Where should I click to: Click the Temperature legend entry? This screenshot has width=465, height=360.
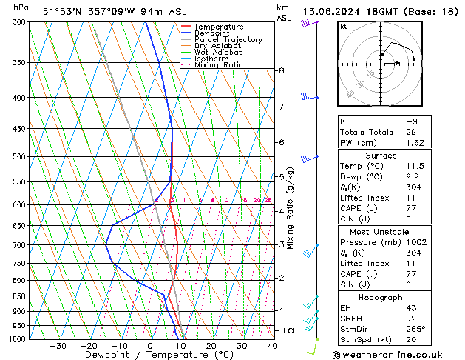coord(220,27)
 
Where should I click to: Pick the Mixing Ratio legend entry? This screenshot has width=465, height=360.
coord(218,65)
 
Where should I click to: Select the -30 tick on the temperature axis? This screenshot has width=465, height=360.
coord(58,346)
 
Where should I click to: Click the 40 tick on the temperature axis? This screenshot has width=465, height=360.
coord(272,346)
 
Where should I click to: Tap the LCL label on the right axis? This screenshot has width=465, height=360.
coord(291,330)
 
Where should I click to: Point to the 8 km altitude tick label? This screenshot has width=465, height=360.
coord(281,71)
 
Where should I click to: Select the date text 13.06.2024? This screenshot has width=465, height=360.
coord(334,11)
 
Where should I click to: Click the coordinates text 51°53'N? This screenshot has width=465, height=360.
coord(63,11)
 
